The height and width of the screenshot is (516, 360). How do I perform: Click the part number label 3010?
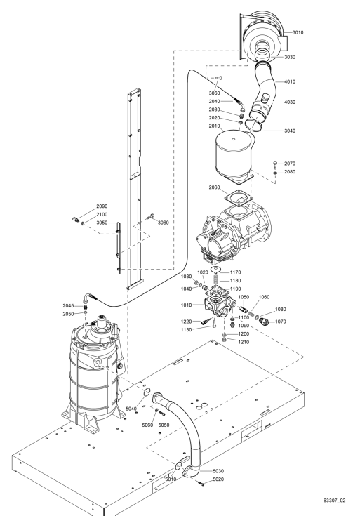(298, 32)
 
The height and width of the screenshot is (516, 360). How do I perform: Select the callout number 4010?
(290, 81)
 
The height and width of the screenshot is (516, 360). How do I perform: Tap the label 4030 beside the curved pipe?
(290, 102)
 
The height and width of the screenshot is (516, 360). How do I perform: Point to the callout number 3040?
(290, 131)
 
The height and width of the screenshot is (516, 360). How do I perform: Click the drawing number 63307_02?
(334, 501)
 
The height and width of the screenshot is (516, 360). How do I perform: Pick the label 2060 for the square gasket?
(214, 187)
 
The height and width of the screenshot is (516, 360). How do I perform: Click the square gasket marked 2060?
(239, 200)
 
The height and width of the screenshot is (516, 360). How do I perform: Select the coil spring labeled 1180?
(216, 280)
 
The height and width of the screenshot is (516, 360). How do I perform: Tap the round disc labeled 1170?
(215, 270)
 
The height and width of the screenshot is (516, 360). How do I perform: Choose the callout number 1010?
(186, 305)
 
